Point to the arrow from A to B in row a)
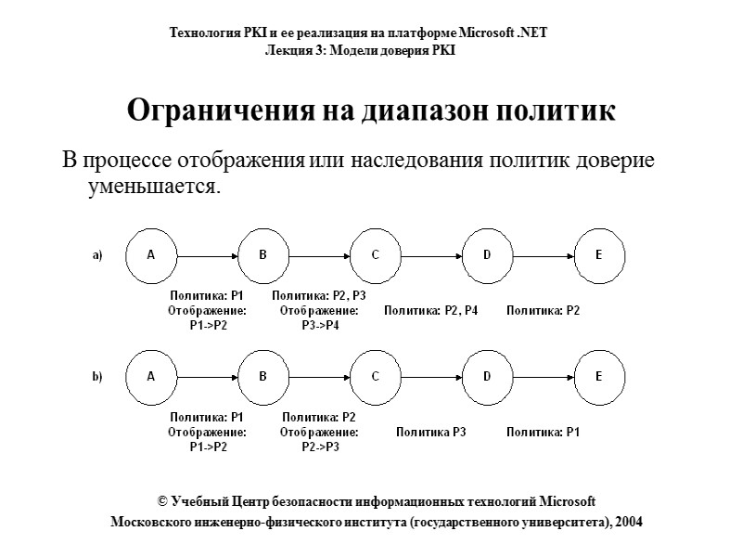[x=210, y=254]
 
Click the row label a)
[x=96, y=255]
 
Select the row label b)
[x=96, y=378]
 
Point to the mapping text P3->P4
[x=320, y=325]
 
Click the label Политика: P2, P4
[x=431, y=310]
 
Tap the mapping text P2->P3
[x=320, y=447]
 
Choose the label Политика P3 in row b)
[x=431, y=432]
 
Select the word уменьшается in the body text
[x=153, y=187]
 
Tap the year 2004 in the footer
[x=625, y=522]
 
